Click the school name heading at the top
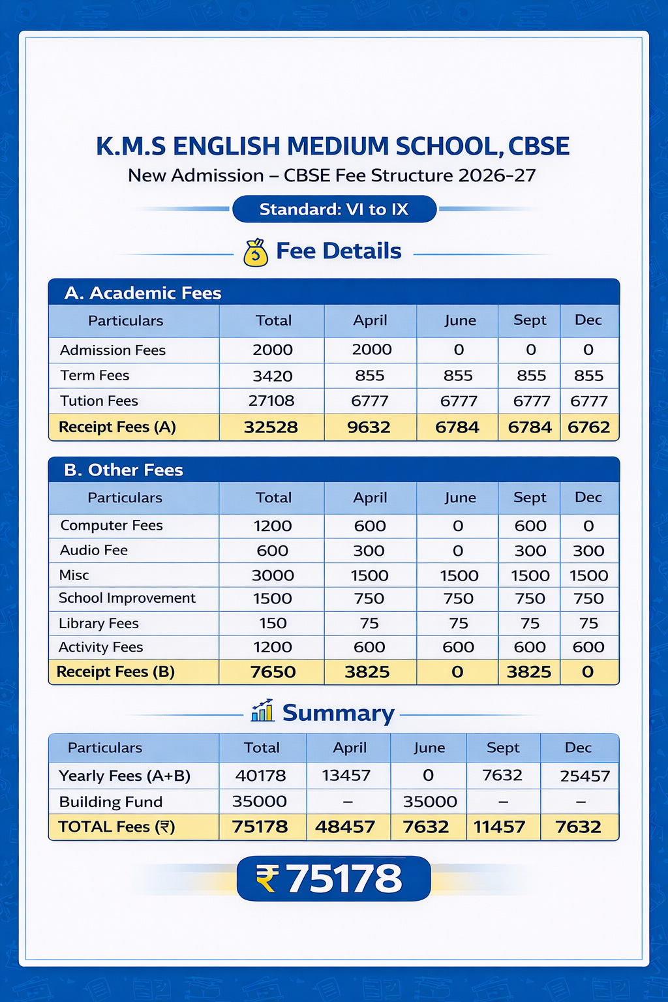(x=333, y=146)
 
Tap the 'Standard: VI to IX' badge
(x=334, y=209)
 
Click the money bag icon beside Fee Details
(x=256, y=253)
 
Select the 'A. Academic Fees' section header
(x=144, y=293)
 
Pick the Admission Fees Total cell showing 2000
(x=273, y=350)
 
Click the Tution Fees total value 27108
(x=271, y=401)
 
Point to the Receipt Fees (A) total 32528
(x=271, y=427)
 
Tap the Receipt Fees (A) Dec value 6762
(x=588, y=427)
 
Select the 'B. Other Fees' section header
(x=124, y=470)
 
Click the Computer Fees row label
(x=112, y=526)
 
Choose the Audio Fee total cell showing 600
(x=273, y=551)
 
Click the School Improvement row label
(x=127, y=598)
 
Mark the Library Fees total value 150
(x=273, y=623)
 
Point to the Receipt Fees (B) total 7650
(x=273, y=672)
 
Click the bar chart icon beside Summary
(x=262, y=711)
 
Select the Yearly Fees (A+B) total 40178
(x=261, y=776)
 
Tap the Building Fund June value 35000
(x=430, y=801)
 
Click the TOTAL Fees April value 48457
(x=345, y=827)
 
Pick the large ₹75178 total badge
(x=333, y=879)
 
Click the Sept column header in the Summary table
(x=503, y=748)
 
